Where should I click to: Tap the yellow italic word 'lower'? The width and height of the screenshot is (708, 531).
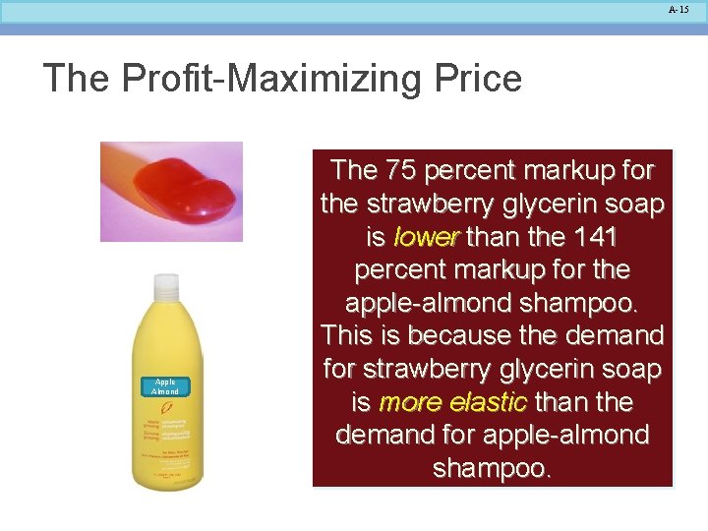pyautogui.click(x=426, y=237)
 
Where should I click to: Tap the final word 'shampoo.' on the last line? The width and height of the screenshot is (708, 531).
pyautogui.click(x=492, y=469)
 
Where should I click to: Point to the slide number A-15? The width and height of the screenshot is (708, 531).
pyautogui.click(x=678, y=10)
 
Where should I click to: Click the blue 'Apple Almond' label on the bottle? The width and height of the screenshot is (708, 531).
pyautogui.click(x=165, y=385)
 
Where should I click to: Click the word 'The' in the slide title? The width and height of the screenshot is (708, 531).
pyautogui.click(x=77, y=78)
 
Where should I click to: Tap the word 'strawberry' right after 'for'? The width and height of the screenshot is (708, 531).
pyautogui.click(x=427, y=370)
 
